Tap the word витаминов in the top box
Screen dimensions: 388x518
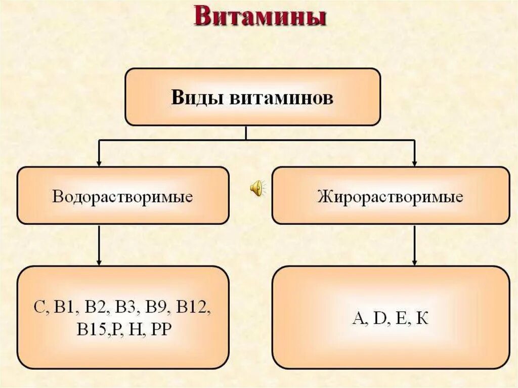tap(282, 97)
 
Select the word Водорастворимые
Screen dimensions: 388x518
tap(122, 196)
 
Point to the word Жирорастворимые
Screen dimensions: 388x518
tap(390, 196)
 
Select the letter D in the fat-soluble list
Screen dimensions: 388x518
tap(379, 319)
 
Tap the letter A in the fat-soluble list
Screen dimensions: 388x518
tap(358, 319)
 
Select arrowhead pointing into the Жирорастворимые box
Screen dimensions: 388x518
tap(414, 163)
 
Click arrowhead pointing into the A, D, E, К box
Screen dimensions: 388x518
tap(414, 262)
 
